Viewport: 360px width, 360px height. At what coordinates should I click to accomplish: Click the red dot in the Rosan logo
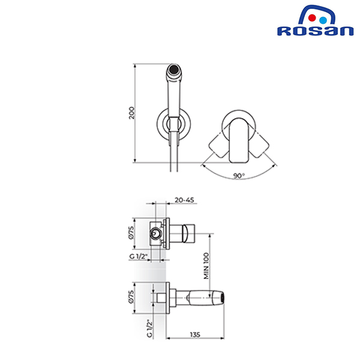coord(312,18)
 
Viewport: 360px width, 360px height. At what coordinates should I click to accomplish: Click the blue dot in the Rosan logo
coord(323,20)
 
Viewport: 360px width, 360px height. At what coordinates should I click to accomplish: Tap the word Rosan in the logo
coord(315,31)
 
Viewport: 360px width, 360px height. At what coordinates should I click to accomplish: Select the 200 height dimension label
coord(131,113)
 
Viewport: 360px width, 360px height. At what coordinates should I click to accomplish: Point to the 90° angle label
coord(239,176)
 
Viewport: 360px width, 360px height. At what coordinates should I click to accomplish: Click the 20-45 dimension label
coord(184,200)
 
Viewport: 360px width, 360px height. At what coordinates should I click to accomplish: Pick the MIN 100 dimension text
coord(206,266)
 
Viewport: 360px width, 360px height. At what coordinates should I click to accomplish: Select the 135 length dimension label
coord(195,335)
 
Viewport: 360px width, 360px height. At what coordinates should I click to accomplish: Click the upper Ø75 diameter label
coord(131,233)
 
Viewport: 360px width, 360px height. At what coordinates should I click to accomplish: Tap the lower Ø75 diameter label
coord(131,297)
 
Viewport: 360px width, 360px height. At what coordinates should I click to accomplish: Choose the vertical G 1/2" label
coord(149,328)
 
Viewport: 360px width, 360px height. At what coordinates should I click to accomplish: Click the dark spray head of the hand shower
coord(173,70)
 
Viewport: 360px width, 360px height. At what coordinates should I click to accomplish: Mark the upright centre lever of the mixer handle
coord(239,140)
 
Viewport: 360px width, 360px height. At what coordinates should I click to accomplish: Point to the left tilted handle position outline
coord(219,146)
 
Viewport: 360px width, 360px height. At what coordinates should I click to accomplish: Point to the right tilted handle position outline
coord(259,146)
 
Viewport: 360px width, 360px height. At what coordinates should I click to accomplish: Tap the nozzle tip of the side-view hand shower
coord(222,298)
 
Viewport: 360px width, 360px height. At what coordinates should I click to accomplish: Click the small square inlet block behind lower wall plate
coord(161,298)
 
